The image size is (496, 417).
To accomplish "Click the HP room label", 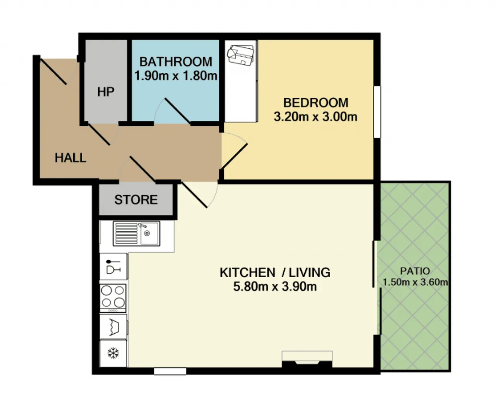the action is pos(106,92).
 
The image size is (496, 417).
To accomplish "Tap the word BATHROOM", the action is pos(176,62).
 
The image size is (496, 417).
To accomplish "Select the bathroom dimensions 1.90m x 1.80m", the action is pos(176,76).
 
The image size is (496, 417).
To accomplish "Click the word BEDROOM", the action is pos(316,103).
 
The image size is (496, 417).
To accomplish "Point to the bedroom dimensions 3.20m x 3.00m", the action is pos(315,117).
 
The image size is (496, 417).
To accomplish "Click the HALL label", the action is pos(70,158).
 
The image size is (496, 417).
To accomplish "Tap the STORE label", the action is pos(136,200).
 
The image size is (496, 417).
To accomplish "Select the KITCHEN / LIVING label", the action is pos(275,272).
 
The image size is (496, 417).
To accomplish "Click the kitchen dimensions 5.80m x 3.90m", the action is pos(275,286).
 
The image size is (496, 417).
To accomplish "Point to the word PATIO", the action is pos(415,271).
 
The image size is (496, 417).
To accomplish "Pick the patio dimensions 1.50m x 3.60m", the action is pos(415,282).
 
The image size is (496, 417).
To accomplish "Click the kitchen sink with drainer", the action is pos(136,234).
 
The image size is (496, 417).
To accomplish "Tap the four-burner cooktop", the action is pos(113,298).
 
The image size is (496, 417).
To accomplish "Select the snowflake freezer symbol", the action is pos(113,353).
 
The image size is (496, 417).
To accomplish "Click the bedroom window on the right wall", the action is pos(377,112).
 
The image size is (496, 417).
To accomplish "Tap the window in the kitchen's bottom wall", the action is pos(170,371).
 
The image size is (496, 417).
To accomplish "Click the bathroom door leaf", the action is pos(178,111).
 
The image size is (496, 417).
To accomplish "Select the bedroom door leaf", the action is pos(234,156).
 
